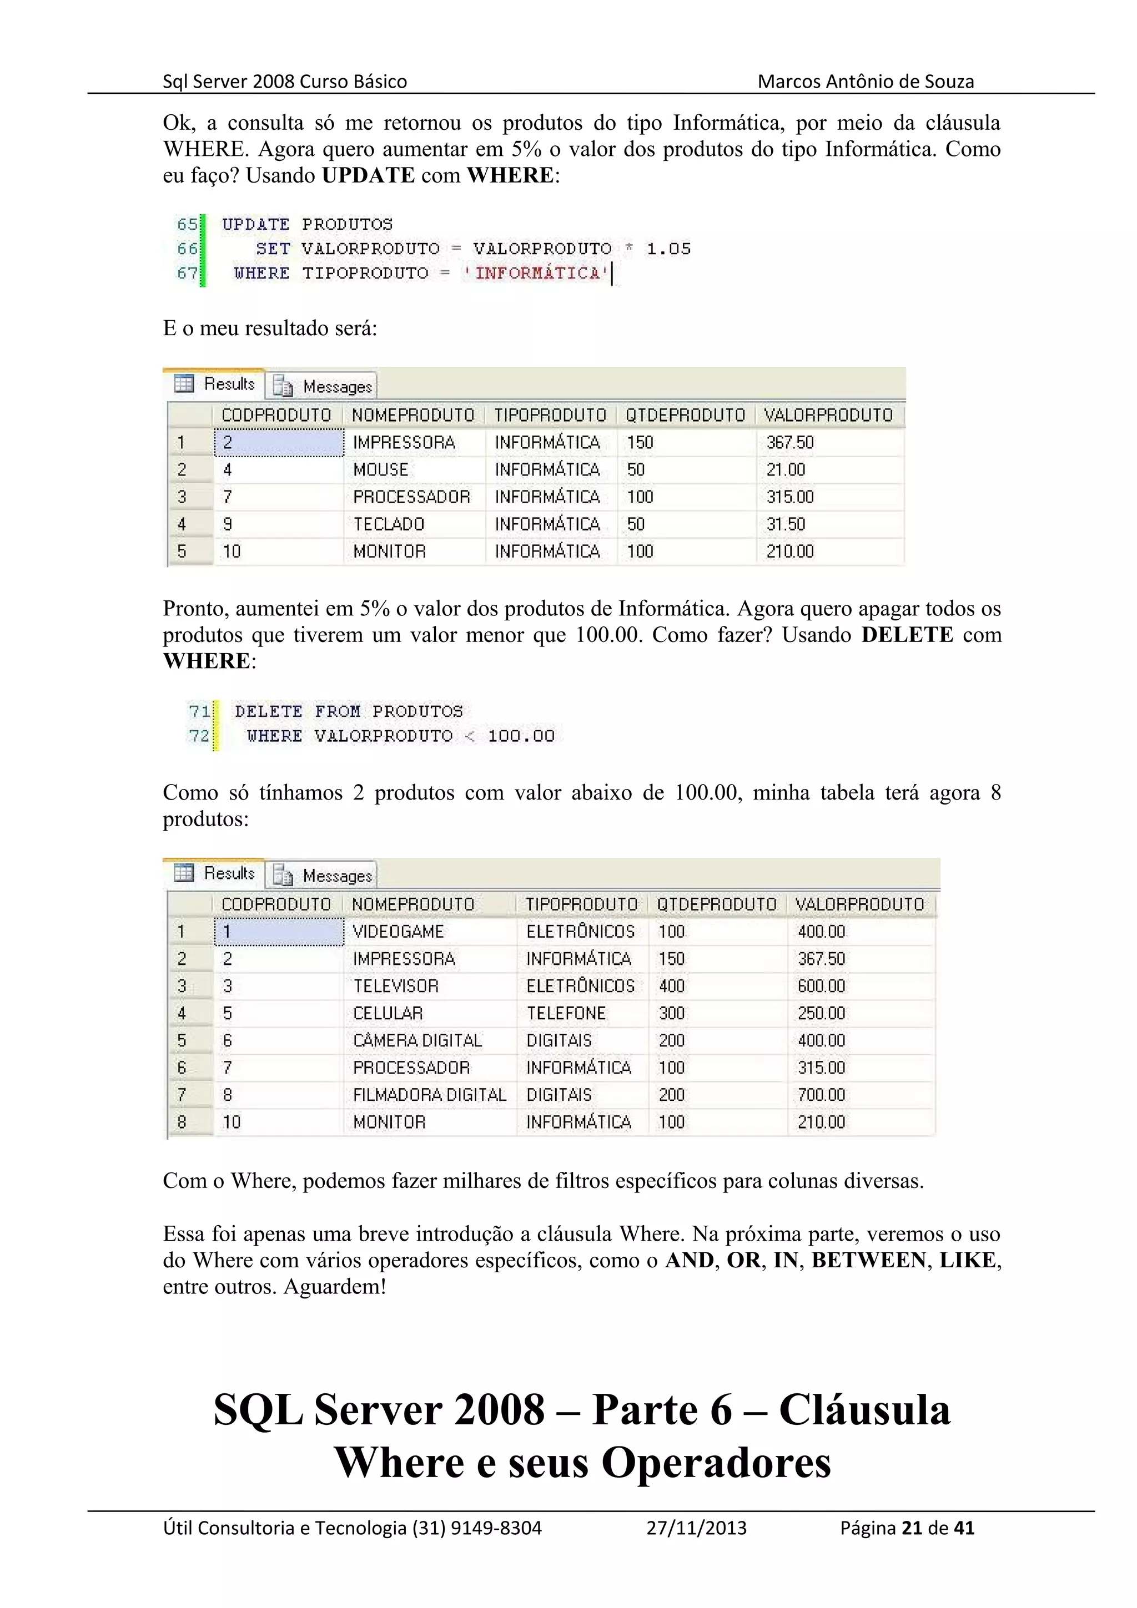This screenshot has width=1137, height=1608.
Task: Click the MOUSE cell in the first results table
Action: click(380, 469)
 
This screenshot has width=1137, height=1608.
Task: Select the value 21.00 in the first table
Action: click(786, 469)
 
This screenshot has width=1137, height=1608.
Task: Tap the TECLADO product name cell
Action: click(389, 524)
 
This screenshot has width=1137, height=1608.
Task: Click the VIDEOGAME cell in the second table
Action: click(398, 932)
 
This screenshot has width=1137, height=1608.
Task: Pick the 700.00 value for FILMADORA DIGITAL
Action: click(821, 1095)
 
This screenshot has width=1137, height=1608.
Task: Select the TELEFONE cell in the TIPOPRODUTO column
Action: click(566, 1013)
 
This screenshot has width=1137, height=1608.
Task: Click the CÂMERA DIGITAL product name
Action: click(417, 1041)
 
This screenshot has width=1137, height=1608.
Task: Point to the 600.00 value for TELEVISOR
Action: click(821, 986)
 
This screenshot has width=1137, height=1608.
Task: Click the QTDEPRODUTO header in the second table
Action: click(717, 904)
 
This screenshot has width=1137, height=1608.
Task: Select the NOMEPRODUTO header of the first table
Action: click(412, 415)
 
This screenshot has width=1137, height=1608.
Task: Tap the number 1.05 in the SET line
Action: click(668, 249)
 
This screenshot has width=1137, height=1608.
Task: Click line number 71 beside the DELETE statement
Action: click(199, 711)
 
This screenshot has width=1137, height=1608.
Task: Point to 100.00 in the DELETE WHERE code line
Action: click(521, 736)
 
